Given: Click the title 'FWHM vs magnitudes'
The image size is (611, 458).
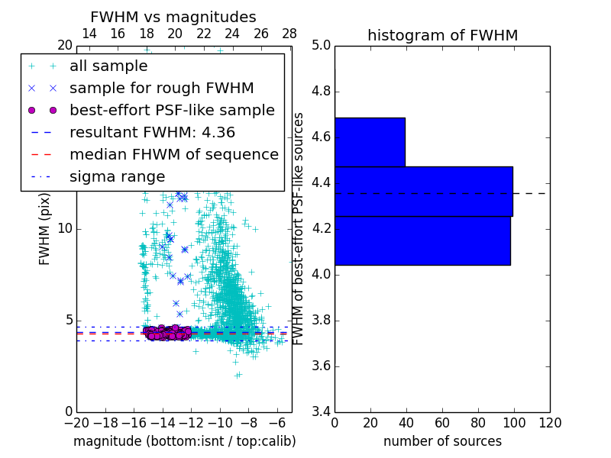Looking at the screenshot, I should coord(173,18).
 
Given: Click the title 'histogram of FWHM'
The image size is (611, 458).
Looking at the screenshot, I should coord(442,36).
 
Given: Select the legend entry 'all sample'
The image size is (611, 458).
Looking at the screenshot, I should coord(108,66).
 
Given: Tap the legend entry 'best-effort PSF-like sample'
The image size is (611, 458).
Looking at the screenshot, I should coord(172,111).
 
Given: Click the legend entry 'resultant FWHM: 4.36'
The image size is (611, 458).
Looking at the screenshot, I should coord(152,133).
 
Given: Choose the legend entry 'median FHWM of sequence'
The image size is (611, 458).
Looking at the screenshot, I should coord(173,155).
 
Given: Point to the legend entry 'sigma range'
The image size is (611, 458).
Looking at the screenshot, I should coord(117,177).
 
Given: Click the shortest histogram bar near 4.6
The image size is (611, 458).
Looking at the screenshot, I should coord(370,142).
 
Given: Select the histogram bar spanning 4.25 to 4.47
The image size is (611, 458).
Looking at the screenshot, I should coord(423,192).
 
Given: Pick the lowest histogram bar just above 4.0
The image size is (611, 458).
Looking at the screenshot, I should coord(422,241).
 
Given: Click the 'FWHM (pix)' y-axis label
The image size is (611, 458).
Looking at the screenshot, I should coord(45,229).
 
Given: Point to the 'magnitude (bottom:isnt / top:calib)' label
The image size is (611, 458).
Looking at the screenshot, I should coord(184,442).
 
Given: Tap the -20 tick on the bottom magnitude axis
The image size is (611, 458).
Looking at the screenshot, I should coord(76,423).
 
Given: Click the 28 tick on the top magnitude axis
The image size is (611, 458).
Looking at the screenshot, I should coord(289,34).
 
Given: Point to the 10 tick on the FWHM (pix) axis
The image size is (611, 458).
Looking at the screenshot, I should coord(65,229).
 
